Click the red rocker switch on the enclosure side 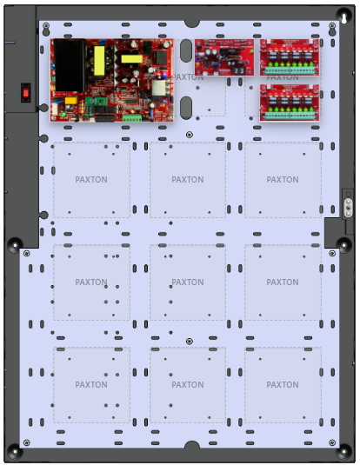pos(26,93)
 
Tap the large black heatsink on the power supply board pos(70,65)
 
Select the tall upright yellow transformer pos(99,61)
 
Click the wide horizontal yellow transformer pos(132,59)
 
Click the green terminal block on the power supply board pos(132,118)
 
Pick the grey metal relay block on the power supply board pos(160,88)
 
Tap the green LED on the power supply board pos(63,115)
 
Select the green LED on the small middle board pos(252,51)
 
